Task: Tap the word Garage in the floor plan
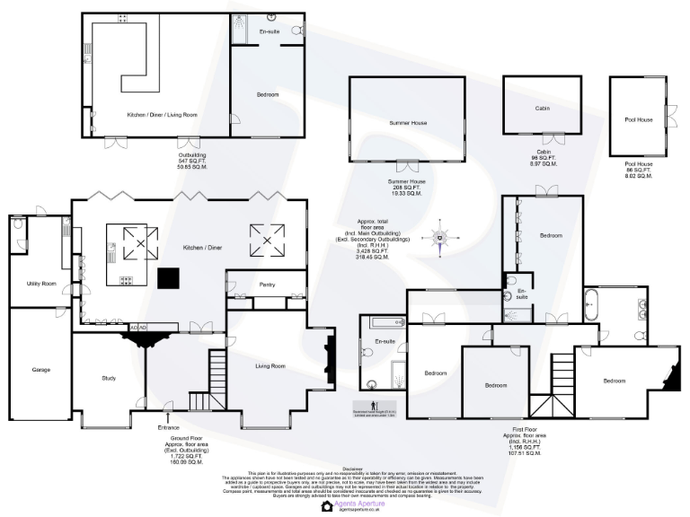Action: coord(41,369)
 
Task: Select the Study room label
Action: coord(108,378)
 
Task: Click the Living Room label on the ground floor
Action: coord(270,366)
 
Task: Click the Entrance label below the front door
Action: coord(168,427)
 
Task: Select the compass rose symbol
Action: coord(440,238)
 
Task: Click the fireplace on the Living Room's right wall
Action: coord(331,359)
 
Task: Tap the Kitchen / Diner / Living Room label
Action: coord(162,115)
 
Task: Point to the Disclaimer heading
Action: coord(352,469)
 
